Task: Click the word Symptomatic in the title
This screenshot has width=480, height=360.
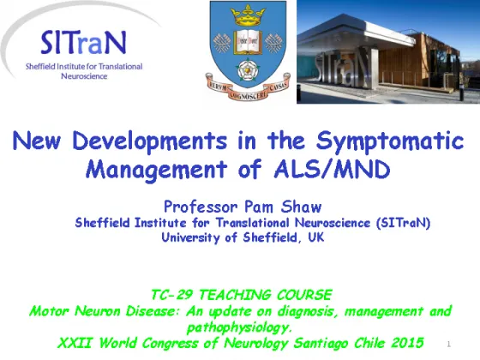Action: click(390, 141)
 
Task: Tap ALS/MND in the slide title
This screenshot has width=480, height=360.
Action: click(332, 170)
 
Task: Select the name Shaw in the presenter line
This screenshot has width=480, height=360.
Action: click(301, 207)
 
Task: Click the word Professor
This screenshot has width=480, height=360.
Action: click(201, 207)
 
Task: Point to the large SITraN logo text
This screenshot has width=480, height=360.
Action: click(83, 43)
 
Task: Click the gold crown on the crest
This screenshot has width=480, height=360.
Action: click(248, 16)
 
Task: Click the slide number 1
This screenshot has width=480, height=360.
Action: click(449, 344)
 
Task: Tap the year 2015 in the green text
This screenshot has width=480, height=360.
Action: click(407, 343)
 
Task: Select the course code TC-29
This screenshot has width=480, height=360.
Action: click(171, 295)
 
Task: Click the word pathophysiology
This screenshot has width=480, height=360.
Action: click(238, 327)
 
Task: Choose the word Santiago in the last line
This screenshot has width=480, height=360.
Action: click(321, 343)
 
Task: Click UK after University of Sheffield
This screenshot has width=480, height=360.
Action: click(316, 237)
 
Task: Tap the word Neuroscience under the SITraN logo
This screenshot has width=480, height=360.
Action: click(84, 76)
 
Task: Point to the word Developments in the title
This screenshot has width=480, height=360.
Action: click(150, 141)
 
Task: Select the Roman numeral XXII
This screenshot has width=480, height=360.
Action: click(75, 343)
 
